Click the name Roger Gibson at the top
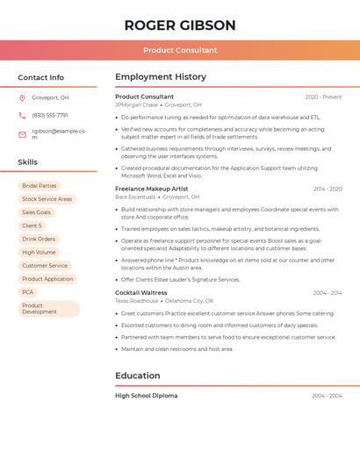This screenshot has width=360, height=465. click(180, 25)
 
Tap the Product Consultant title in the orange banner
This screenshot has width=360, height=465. click(180, 50)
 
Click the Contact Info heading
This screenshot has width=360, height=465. click(41, 77)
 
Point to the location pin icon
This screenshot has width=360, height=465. click(22, 98)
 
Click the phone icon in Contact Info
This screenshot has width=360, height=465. click(22, 116)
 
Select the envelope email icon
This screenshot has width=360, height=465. click(22, 134)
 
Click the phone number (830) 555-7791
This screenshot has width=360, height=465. click(50, 116)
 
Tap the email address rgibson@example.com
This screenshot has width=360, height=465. click(58, 134)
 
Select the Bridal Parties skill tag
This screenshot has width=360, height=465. click(40, 186)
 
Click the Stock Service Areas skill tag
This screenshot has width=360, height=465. click(47, 199)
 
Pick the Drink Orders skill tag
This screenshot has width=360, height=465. click(39, 239)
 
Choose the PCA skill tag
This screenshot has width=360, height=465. click(28, 292)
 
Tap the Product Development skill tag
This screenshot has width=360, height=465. click(48, 309)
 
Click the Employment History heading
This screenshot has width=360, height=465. click(161, 77)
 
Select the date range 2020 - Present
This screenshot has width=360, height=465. click(323, 97)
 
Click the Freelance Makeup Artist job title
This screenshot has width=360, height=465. click(152, 189)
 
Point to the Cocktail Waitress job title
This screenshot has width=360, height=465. click(141, 292)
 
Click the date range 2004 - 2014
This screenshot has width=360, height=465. click(327, 293)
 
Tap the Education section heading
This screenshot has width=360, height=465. click(137, 376)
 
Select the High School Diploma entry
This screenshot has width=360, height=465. click(147, 396)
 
